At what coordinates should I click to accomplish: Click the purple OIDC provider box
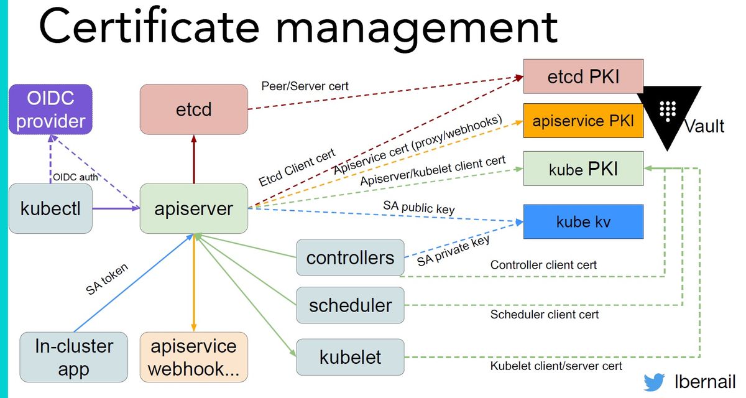(50, 109)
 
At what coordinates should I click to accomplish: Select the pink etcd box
(194, 109)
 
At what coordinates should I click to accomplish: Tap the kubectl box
(50, 208)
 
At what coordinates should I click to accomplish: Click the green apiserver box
(194, 208)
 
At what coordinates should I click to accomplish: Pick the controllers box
(351, 257)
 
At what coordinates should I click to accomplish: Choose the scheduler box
(351, 305)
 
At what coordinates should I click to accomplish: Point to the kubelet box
(351, 357)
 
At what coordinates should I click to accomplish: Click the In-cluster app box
(73, 357)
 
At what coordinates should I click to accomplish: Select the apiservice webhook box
(194, 357)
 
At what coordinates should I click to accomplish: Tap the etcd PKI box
(584, 76)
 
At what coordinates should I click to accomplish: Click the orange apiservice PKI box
(584, 121)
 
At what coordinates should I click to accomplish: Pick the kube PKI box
(584, 169)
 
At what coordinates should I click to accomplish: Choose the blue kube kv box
(584, 221)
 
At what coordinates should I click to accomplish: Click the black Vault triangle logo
(668, 113)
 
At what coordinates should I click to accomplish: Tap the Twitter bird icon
(654, 382)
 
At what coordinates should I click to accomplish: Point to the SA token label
(107, 279)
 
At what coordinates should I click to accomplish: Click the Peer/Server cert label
(305, 86)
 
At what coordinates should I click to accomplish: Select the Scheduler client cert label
(545, 315)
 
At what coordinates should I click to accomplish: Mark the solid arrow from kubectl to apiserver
(116, 208)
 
